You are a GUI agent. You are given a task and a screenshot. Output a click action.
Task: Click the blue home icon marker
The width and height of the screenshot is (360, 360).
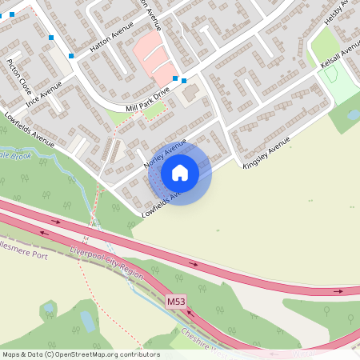180,172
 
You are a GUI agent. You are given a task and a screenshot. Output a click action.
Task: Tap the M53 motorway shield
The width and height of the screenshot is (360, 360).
176,302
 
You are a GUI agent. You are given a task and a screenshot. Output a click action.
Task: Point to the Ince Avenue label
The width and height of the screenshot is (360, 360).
43,98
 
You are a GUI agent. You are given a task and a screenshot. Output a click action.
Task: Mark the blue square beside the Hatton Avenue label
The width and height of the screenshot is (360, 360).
71,55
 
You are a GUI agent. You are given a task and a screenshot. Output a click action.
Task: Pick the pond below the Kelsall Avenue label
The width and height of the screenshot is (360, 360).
353,116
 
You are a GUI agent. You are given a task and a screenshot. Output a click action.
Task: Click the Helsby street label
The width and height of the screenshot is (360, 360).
346,12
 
